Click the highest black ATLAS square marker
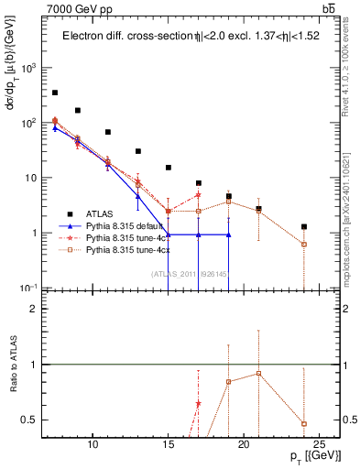coord(55,93)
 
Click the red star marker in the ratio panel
coord(198,404)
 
